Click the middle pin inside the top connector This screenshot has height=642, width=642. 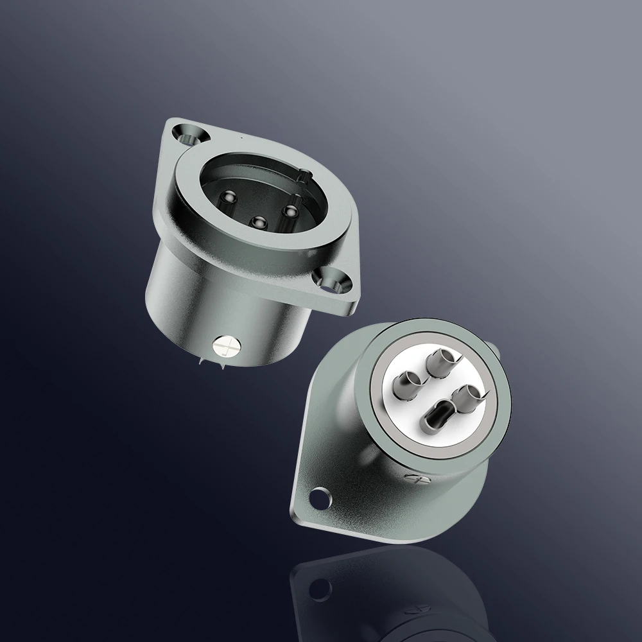[x=259, y=222]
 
